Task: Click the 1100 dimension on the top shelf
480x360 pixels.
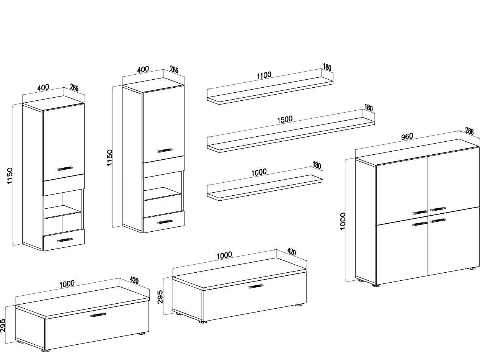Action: tap(264, 75)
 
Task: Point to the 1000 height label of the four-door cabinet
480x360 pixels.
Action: tap(343, 221)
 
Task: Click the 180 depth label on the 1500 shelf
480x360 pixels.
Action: tap(368, 108)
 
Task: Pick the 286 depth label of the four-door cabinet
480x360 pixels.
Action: tap(469, 131)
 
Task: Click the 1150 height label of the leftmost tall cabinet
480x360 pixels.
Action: tap(10, 175)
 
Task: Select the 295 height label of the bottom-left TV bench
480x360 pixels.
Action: tap(3, 326)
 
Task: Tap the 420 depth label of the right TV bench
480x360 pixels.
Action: tap(291, 252)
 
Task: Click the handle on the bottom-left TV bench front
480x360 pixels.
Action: tap(98, 315)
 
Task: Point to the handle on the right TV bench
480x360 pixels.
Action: tap(256, 286)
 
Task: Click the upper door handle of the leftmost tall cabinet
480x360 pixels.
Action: tap(65, 168)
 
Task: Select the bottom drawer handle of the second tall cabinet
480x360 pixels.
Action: tap(165, 222)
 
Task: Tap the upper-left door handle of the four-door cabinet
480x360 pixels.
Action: tap(420, 212)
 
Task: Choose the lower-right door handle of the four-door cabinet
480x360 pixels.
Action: tap(438, 220)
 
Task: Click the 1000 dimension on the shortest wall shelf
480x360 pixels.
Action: tap(259, 172)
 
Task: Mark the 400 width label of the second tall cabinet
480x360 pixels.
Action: tap(143, 70)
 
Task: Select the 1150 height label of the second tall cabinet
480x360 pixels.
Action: tap(110, 157)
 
